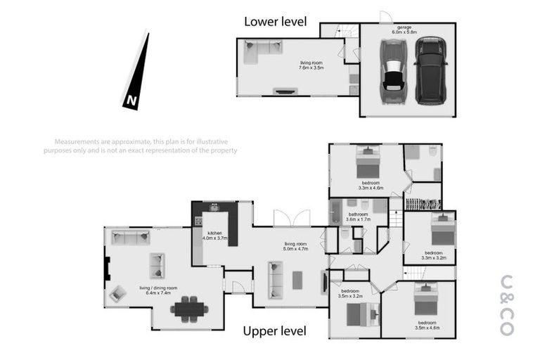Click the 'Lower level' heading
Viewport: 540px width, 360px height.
275,22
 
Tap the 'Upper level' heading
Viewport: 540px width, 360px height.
275,330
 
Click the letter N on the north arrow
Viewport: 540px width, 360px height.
131,101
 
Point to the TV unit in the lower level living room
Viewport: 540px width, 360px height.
285,91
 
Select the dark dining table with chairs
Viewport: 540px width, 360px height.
189,308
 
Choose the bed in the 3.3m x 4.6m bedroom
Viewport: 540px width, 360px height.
367,163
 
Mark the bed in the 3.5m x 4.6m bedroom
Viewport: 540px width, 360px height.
426,300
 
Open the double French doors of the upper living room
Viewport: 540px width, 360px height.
291,218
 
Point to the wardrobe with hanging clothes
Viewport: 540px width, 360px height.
423,204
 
